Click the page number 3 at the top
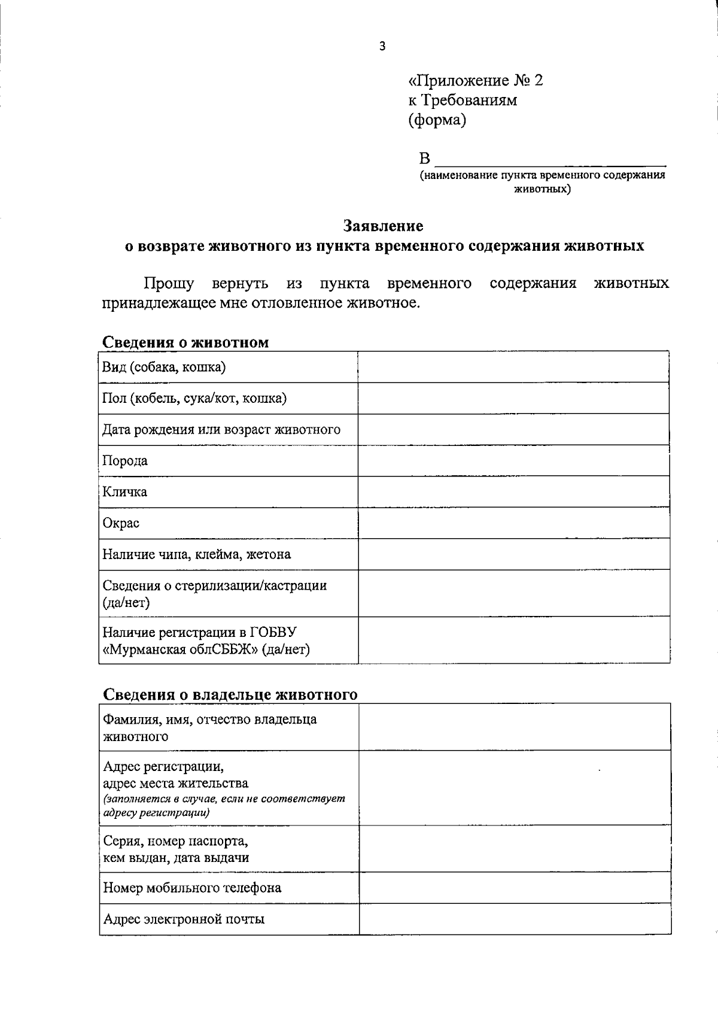382,46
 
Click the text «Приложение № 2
476,80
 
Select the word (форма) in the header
437,120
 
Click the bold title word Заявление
383,226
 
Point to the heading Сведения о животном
185,342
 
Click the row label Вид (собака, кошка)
164,367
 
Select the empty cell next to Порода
513,460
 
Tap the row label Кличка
125,491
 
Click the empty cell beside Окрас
513,523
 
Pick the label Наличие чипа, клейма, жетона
197,554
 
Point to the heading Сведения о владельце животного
230,694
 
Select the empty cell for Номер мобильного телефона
515,887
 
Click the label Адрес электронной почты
184,919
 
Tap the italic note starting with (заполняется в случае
224,806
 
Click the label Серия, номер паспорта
176,841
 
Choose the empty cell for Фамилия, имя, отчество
515,727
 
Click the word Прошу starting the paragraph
169,283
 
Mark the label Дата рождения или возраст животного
221,429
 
